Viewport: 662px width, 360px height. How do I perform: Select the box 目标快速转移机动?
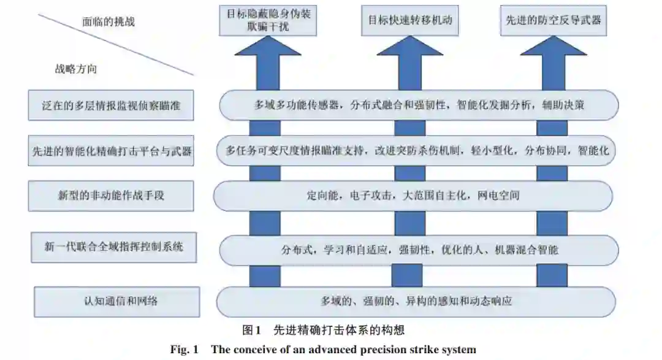(x=409, y=19)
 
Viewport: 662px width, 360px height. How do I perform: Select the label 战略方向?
(x=76, y=69)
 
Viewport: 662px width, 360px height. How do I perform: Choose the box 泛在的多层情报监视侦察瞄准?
(x=111, y=105)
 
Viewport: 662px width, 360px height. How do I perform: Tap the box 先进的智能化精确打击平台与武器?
(x=111, y=151)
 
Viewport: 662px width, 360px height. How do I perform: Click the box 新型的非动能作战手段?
(x=111, y=196)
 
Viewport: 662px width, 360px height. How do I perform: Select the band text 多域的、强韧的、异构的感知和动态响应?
(x=416, y=301)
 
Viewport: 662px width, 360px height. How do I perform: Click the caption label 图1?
(x=252, y=331)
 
